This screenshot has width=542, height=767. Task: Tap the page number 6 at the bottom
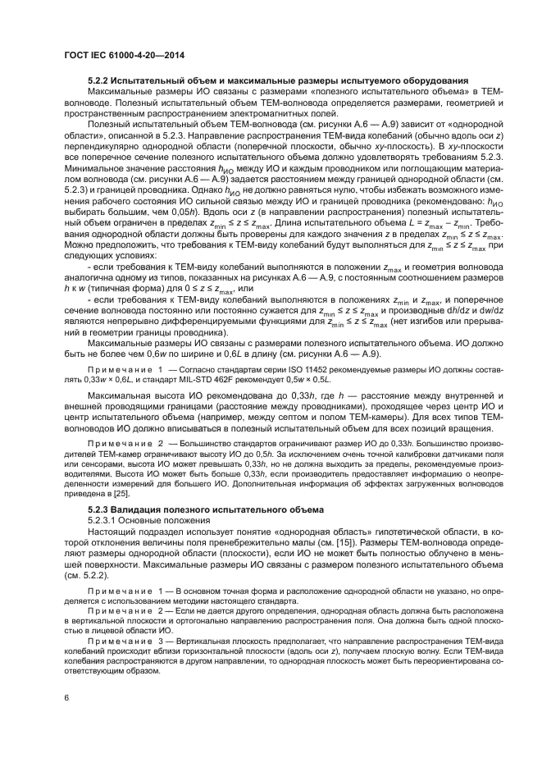pyautogui.click(x=66, y=698)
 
